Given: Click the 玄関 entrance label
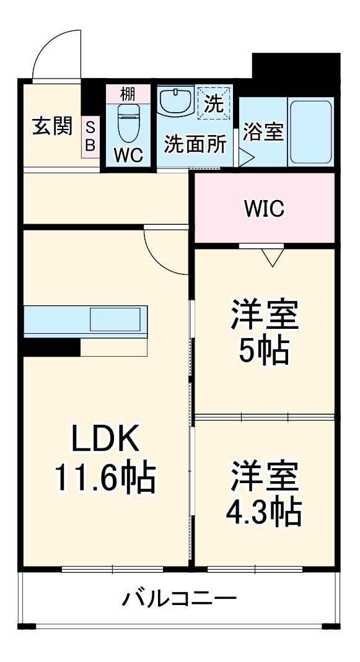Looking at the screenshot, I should pyautogui.click(x=52, y=126).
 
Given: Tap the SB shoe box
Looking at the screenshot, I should pyautogui.click(x=90, y=136).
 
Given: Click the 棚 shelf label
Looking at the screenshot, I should pyautogui.click(x=128, y=94).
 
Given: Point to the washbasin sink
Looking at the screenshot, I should pyautogui.click(x=177, y=100).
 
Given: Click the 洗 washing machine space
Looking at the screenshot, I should pyautogui.click(x=214, y=102).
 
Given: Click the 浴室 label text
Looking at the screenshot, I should pyautogui.click(x=263, y=132).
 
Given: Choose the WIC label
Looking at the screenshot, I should pyautogui.click(x=264, y=209).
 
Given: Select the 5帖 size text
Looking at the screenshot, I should pyautogui.click(x=265, y=351).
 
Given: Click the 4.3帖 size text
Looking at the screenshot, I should pyautogui.click(x=265, y=512).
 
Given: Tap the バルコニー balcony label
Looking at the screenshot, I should pyautogui.click(x=179, y=599).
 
